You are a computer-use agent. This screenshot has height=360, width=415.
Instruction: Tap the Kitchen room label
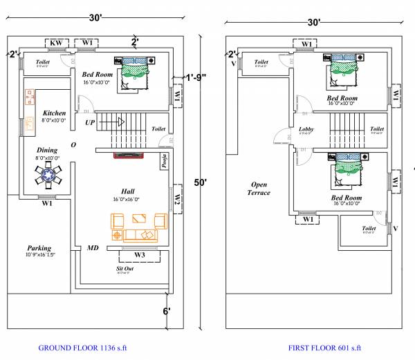point(54,113)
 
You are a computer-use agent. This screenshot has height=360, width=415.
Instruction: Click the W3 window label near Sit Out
point(139,255)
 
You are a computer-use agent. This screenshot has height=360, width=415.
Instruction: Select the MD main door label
point(93,247)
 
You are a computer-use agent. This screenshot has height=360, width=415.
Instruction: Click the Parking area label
point(39,248)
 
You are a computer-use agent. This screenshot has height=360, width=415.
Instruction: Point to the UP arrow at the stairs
point(90,122)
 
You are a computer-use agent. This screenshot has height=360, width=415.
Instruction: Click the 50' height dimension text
point(201,182)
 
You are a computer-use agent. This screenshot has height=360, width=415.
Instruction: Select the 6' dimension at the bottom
point(167,312)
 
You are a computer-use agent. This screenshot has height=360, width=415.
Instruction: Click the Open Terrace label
point(259,188)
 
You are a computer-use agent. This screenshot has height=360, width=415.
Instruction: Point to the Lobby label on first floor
point(306,129)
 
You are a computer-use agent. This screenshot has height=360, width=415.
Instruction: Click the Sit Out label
point(124,268)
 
